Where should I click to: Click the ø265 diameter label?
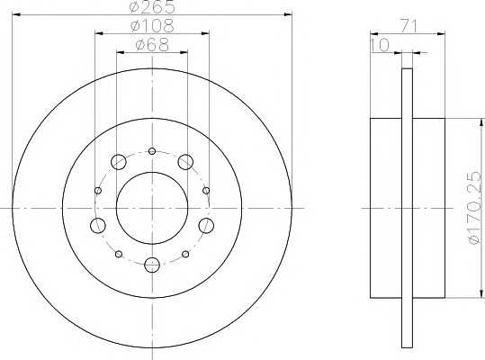151,8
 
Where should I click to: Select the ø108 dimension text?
151,26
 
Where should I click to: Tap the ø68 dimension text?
151,45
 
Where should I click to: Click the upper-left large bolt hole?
119,162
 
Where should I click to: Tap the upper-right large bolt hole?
184,162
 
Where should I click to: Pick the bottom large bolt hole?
152,265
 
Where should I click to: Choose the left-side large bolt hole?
98,224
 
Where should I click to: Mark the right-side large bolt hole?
205,224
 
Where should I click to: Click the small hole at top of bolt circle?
152,150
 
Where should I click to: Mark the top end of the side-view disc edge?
407,70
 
